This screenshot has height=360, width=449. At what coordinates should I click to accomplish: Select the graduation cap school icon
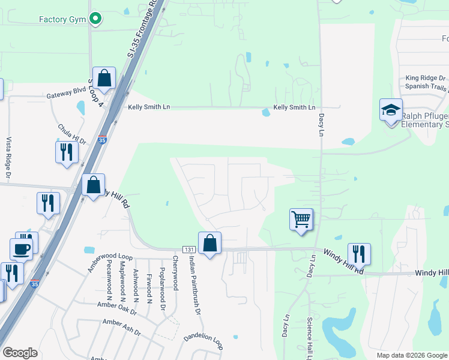click(x=391, y=110)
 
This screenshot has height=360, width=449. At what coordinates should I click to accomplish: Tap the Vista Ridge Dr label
click(x=8, y=158)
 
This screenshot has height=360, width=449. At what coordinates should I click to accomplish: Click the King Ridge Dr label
click(x=426, y=78)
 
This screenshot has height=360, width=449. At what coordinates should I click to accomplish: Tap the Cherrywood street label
click(x=175, y=273)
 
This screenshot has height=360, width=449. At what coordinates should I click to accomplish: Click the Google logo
click(x=20, y=353)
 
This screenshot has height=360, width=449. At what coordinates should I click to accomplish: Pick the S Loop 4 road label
click(x=97, y=93)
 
